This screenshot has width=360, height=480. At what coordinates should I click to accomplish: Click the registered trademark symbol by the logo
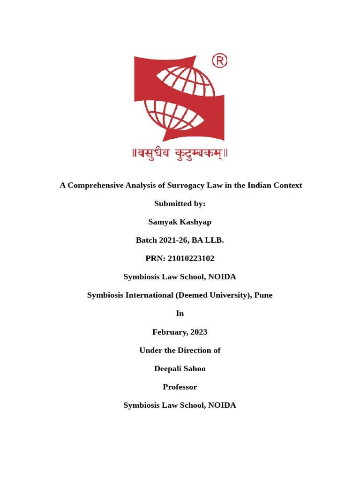point(220,60)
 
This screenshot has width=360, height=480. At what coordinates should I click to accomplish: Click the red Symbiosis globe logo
point(180,98)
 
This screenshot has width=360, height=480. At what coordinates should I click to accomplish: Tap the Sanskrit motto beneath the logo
point(180,154)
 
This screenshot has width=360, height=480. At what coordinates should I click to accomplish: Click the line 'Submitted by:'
point(180,203)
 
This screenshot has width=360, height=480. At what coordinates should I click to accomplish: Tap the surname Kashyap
point(195,222)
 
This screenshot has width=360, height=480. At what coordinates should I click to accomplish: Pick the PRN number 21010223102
point(191,258)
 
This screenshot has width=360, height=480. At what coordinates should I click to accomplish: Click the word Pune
point(263,295)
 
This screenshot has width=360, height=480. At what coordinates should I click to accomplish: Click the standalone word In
point(180,314)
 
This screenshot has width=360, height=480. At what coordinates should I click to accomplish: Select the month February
point(169,332)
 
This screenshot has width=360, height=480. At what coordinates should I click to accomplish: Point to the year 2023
point(199,332)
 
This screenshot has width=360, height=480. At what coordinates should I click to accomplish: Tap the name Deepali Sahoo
point(180,368)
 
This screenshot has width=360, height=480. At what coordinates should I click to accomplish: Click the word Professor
point(180,387)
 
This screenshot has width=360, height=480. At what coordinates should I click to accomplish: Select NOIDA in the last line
point(222,405)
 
